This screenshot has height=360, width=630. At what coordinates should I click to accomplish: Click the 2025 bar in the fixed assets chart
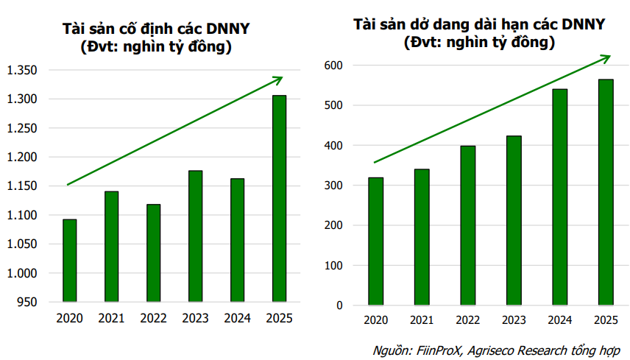point(280,199)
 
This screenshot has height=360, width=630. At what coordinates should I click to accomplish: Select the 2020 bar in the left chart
point(69,261)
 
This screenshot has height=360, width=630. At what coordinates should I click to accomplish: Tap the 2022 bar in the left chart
point(153,253)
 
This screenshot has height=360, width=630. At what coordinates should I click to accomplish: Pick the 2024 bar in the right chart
point(559,197)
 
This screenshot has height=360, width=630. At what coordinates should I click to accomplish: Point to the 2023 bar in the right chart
point(514,220)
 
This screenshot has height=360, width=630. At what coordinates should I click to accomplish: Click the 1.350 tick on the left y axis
point(21,71)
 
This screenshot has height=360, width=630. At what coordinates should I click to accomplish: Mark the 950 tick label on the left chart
point(27,302)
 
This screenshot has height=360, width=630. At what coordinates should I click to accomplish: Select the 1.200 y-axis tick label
point(21,157)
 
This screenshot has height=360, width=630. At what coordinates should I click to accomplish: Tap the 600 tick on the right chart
point(333,66)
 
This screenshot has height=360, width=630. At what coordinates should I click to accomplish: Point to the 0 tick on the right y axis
point(339,305)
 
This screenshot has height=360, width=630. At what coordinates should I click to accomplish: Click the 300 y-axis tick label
point(333,186)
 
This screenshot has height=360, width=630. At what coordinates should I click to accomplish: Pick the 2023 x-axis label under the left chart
point(195,319)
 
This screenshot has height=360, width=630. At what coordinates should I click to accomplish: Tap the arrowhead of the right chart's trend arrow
point(606,57)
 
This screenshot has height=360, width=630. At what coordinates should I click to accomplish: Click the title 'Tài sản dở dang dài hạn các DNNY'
point(479,24)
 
